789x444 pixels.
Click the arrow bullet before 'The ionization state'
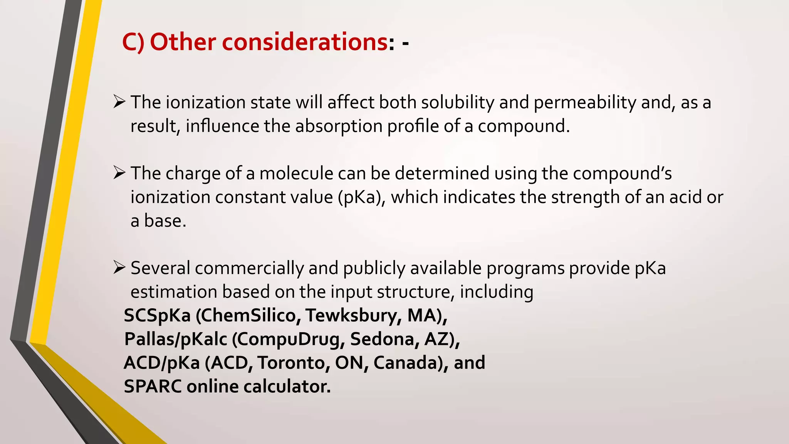[119, 102]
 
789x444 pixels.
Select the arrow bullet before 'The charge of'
[119, 173]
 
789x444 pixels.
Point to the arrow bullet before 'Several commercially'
[119, 267]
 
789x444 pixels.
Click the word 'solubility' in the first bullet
[457, 103]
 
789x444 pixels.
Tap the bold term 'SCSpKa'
[157, 316]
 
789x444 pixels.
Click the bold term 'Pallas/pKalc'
[176, 340]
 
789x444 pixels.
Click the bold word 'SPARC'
[153, 387]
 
